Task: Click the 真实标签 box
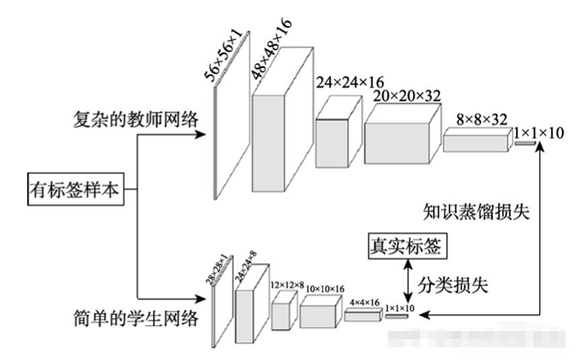pyautogui.click(x=405, y=246)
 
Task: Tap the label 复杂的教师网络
pyautogui.click(x=136, y=119)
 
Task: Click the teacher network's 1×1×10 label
pyautogui.click(x=538, y=133)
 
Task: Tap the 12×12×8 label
pyautogui.click(x=287, y=286)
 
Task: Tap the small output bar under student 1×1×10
pyautogui.click(x=397, y=316)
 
